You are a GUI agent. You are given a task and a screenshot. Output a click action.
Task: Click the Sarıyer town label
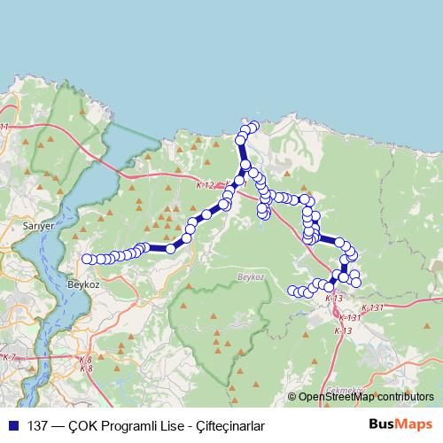click(39, 227)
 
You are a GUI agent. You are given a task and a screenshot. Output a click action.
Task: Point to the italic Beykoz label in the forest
click(253, 278)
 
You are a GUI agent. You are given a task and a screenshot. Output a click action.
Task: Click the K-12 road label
click(205, 184)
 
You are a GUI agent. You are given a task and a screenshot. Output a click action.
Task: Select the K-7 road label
click(10, 357)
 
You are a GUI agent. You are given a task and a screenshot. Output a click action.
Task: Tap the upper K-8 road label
click(85, 360)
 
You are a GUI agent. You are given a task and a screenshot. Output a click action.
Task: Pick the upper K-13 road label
click(333, 299)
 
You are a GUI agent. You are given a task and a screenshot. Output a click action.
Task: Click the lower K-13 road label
click(342, 330)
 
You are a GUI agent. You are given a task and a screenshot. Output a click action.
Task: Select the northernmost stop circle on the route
click(253, 126)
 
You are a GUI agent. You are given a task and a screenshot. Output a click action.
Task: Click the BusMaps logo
click(400, 424)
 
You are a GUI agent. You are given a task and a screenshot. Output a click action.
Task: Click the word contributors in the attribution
click(404, 397)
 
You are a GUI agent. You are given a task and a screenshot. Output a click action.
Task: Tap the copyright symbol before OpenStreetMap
click(292, 397)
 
